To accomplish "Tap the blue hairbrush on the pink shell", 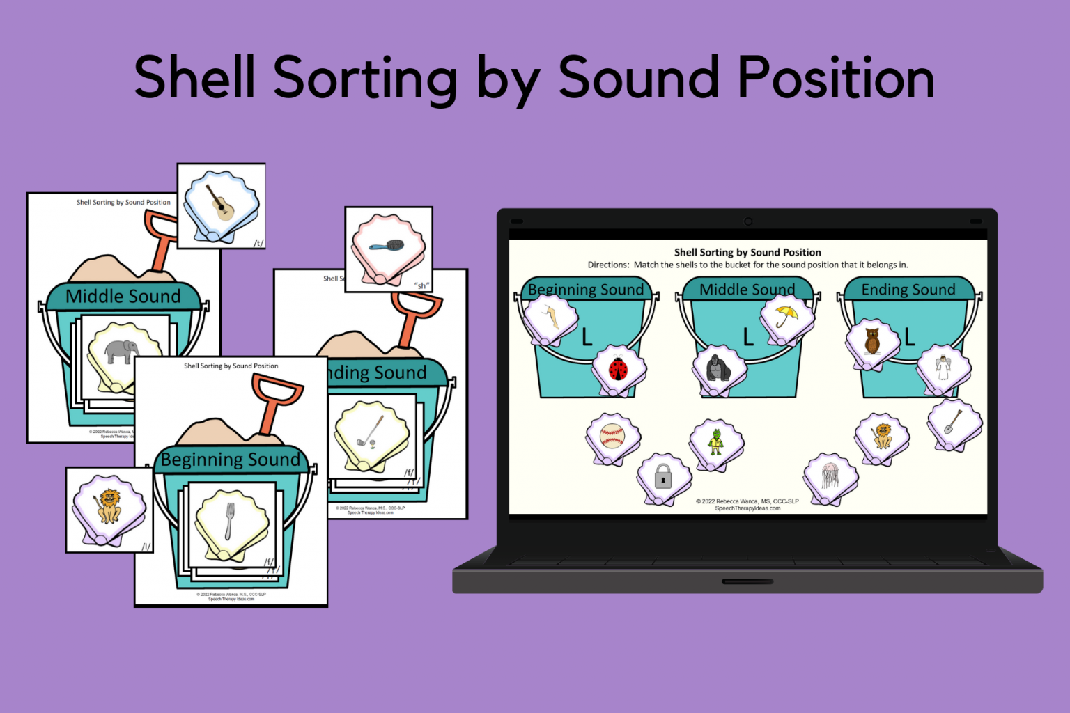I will click(387, 246).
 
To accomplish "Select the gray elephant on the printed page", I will click(121, 351).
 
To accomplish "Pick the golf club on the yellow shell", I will click(370, 432).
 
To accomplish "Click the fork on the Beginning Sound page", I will click(230, 522).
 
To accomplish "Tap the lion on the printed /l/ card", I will click(108, 507).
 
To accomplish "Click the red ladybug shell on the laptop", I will click(619, 368).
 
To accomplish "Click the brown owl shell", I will click(872, 341).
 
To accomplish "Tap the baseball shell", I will click(612, 437).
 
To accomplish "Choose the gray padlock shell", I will click(663, 478).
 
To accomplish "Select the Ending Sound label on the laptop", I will click(908, 290).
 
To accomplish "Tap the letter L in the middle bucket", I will click(748, 337).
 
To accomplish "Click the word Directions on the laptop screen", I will click(608, 265).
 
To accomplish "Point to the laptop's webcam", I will click(748, 221).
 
